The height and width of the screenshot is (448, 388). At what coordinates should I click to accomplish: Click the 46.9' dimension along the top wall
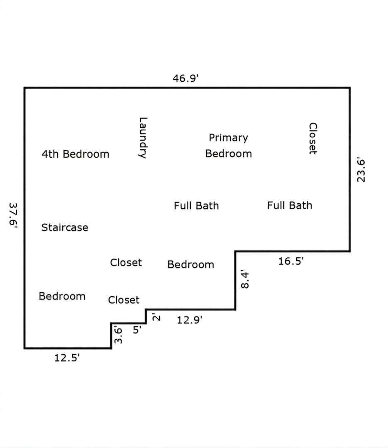[185, 78]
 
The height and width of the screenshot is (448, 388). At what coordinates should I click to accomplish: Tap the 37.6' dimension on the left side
[13, 215]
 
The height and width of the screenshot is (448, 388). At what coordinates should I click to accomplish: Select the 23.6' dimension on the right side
[361, 170]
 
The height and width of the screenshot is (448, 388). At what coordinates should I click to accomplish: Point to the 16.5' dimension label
[291, 261]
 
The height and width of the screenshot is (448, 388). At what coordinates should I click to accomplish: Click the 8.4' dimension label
[245, 279]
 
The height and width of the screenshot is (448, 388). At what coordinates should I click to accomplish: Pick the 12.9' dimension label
[189, 320]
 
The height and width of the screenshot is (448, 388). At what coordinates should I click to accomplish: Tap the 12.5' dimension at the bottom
[67, 358]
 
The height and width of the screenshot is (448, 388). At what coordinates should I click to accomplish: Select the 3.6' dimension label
[118, 335]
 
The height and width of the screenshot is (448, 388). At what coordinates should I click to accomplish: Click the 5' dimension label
[137, 330]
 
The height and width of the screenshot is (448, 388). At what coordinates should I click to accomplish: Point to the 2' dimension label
[156, 317]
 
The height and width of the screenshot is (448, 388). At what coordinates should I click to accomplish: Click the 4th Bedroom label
[76, 154]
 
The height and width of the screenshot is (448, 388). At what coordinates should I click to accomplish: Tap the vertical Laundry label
[143, 138]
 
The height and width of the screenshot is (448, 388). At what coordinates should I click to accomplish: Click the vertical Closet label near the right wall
[313, 139]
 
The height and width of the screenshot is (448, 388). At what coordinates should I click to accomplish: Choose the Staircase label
[65, 228]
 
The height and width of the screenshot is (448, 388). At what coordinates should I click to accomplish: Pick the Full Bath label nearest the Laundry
[196, 206]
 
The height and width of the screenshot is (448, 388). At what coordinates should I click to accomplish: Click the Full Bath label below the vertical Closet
[290, 205]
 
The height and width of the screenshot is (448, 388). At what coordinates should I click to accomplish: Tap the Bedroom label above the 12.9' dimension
[191, 265]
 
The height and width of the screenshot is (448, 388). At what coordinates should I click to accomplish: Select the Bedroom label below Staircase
[62, 296]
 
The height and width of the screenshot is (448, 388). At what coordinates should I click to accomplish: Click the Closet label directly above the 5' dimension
[124, 300]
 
